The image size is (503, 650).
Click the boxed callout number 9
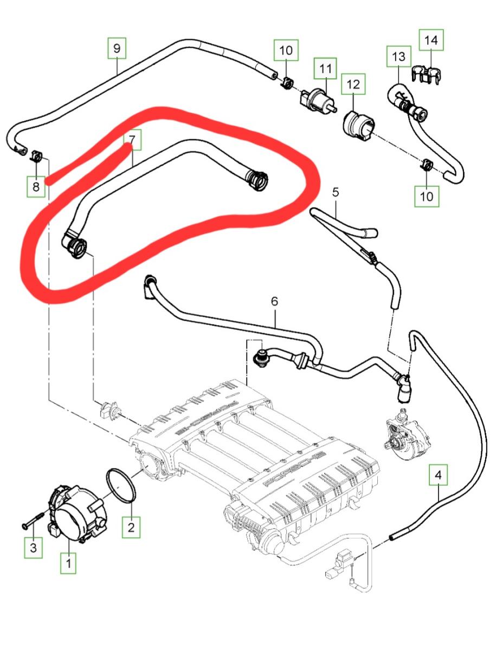click(x=117, y=48)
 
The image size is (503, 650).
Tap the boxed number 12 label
click(x=353, y=84)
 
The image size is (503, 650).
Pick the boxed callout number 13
click(x=398, y=56)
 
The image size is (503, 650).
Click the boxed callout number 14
click(x=430, y=40)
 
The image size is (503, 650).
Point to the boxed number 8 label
click(x=36, y=187)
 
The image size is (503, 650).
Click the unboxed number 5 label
click(x=335, y=192)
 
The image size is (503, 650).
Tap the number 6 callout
click(x=274, y=301)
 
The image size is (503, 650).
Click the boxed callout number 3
click(x=34, y=548)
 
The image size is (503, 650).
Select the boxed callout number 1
click(x=68, y=563)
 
